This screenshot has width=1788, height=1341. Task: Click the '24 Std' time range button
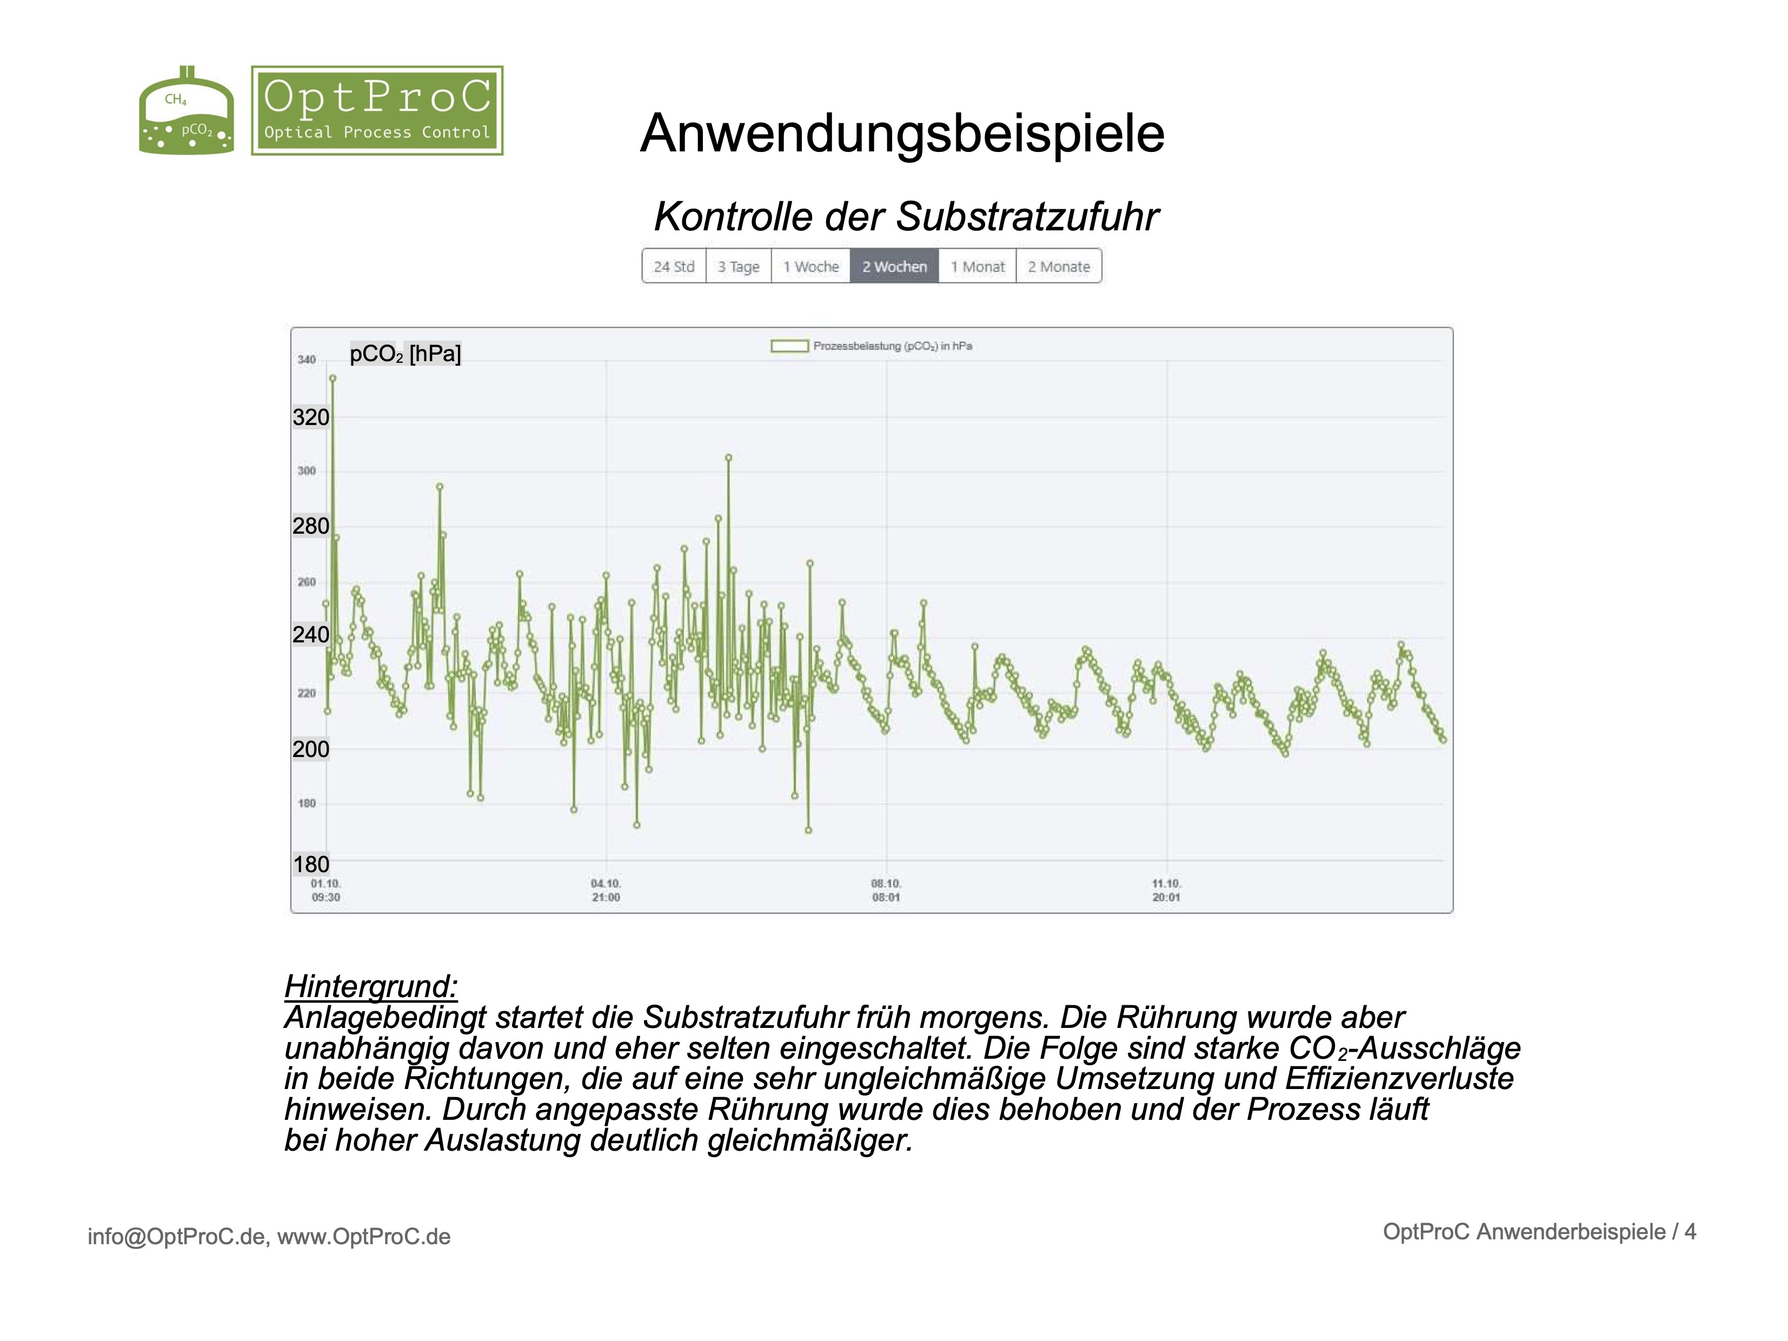tap(673, 267)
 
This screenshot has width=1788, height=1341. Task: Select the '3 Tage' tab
tap(738, 267)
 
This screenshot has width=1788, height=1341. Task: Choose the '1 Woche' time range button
tap(811, 267)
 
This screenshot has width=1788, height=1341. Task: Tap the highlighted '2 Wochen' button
tap(894, 267)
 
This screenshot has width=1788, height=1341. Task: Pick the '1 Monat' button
tap(977, 267)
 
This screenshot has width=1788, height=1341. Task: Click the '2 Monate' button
tap(1059, 267)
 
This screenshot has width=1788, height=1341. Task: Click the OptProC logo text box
tap(377, 111)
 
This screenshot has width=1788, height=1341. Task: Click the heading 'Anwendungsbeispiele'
tap(902, 134)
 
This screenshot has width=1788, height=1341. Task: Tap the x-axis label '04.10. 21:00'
tap(606, 891)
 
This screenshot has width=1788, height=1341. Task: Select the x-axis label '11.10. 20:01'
tap(1166, 891)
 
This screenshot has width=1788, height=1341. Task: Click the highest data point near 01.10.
tap(332, 379)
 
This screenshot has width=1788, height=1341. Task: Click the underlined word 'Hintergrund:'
tap(371, 986)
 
